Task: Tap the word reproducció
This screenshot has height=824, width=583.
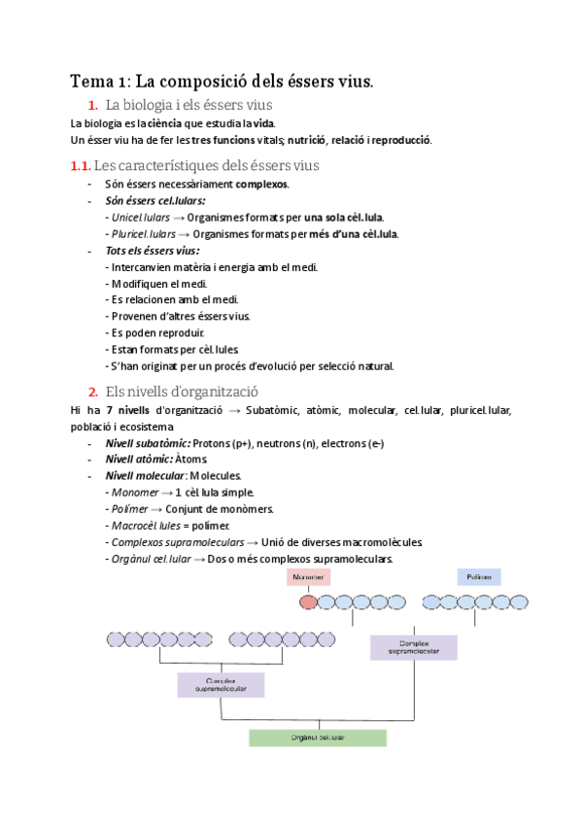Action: pos(395,140)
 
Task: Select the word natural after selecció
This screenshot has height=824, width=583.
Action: pos(372,365)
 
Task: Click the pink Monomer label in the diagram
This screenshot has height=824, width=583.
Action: pos(307,577)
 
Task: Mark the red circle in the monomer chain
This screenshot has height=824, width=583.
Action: pos(307,602)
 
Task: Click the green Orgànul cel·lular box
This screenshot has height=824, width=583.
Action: pos(317,738)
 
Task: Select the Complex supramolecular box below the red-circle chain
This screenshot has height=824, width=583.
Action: pos(414,648)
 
